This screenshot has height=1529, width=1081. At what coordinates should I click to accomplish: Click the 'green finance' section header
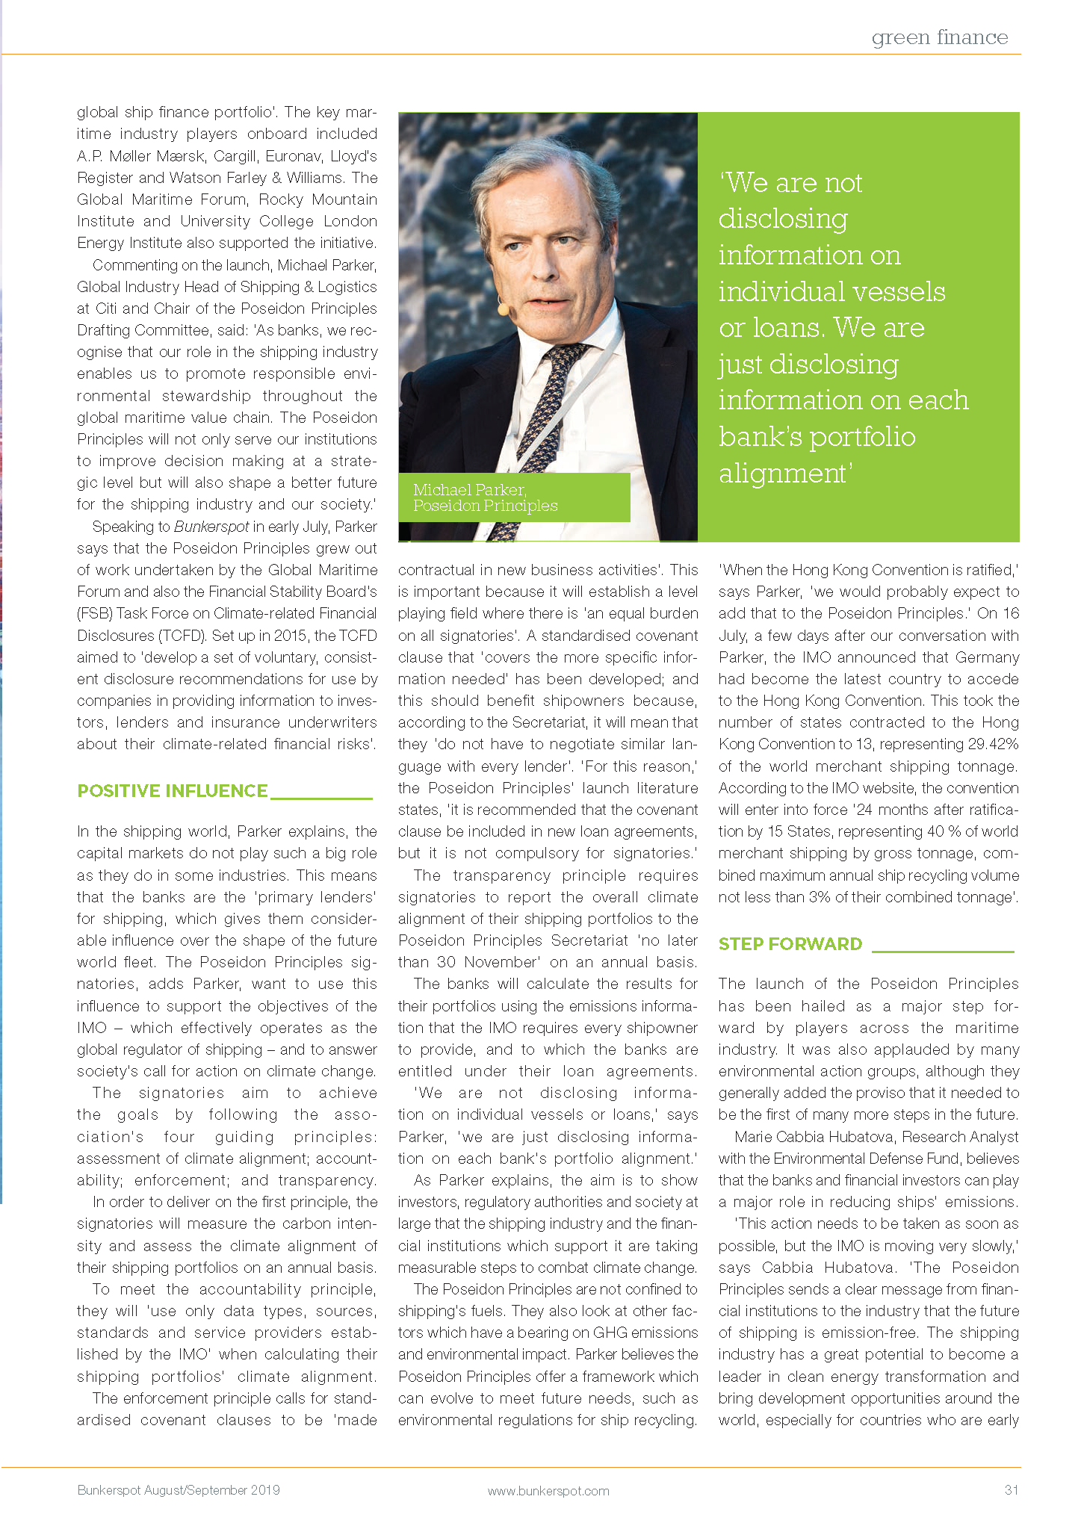[939, 37]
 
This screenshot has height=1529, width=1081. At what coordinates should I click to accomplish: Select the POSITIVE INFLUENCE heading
[173, 791]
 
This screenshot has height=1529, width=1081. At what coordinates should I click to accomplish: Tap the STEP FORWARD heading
[790, 944]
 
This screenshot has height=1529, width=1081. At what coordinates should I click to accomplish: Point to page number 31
[1012, 1490]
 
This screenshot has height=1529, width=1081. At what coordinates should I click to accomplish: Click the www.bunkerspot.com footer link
[548, 1491]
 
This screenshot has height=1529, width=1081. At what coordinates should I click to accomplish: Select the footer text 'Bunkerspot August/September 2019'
[179, 1490]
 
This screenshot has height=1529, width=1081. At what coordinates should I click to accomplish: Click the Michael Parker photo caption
[486, 497]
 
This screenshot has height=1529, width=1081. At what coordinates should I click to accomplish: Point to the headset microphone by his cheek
[503, 307]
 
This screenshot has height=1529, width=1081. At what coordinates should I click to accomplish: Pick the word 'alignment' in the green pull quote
[783, 473]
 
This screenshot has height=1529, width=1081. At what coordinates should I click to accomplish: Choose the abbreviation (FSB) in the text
[93, 613]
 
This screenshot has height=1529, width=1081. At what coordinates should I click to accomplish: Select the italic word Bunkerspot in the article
[211, 527]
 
